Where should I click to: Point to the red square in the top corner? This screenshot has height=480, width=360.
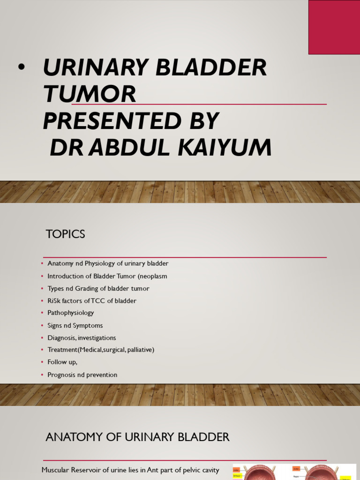click(334, 27)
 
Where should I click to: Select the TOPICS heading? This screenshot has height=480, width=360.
click(65, 234)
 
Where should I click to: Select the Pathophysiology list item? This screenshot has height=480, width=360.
click(70, 313)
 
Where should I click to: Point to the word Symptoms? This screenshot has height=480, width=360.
click(88, 325)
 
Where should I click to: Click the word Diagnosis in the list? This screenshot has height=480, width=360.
click(61, 337)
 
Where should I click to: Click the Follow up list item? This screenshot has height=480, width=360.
click(62, 362)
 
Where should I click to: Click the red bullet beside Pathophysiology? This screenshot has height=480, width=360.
click(42, 313)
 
